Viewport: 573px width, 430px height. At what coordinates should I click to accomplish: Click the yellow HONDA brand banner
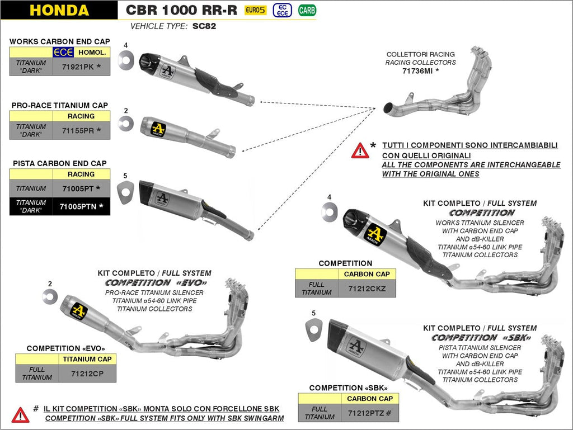[59, 10]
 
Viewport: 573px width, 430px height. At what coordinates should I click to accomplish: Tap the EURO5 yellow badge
[256, 10]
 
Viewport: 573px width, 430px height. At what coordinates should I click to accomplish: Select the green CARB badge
[306, 10]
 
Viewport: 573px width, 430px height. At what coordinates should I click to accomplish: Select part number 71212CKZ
[367, 288]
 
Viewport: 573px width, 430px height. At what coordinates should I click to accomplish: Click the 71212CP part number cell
[87, 373]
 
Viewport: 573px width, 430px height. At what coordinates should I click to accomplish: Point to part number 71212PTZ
[369, 413]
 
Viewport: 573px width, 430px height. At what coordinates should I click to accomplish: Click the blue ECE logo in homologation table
[63, 53]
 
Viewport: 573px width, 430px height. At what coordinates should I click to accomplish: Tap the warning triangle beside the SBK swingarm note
[21, 414]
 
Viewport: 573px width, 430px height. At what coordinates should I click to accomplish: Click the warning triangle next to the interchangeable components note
[360, 150]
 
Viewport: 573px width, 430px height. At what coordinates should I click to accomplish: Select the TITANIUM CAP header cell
[87, 359]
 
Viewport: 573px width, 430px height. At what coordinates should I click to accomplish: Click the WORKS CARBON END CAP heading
[59, 41]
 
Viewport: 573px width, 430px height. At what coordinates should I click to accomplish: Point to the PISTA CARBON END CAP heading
[59, 163]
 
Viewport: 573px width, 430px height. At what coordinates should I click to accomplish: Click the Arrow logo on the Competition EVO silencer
[79, 310]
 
